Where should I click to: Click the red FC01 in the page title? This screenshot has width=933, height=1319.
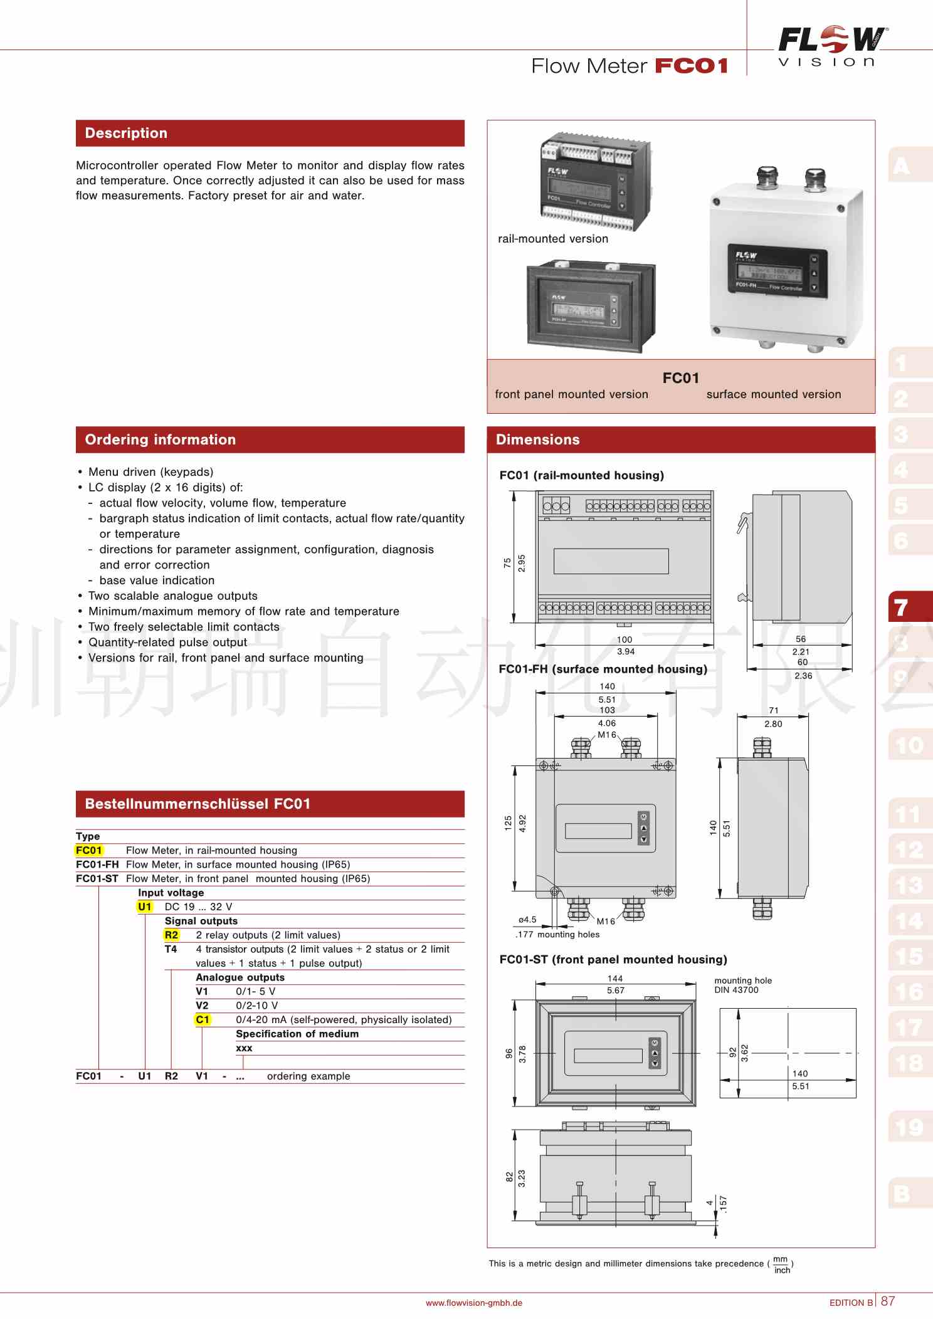click(x=691, y=66)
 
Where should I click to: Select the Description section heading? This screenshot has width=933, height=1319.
click(x=126, y=133)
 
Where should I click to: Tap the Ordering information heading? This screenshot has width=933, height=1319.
click(x=161, y=439)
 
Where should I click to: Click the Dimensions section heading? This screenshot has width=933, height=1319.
click(x=537, y=439)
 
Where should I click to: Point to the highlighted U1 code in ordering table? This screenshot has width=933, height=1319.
click(x=145, y=906)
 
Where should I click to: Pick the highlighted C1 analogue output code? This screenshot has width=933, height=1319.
click(x=203, y=1019)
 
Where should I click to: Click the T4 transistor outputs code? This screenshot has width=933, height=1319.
click(x=171, y=949)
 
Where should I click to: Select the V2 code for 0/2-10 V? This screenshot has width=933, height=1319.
click(x=202, y=1005)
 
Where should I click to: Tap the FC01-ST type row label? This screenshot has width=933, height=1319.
click(x=97, y=878)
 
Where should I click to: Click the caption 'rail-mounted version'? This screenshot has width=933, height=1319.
click(x=552, y=239)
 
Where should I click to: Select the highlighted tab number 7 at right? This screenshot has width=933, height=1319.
click(x=902, y=607)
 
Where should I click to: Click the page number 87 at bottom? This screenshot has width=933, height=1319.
click(x=888, y=1301)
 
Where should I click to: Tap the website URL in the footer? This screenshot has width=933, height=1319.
click(x=473, y=1303)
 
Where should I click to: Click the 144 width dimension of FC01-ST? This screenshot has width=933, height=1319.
click(x=615, y=978)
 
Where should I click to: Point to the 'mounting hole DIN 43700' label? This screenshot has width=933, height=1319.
click(x=743, y=985)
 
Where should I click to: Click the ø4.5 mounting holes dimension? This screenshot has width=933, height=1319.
click(x=527, y=920)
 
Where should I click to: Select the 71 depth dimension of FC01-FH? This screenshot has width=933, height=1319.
click(x=774, y=710)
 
